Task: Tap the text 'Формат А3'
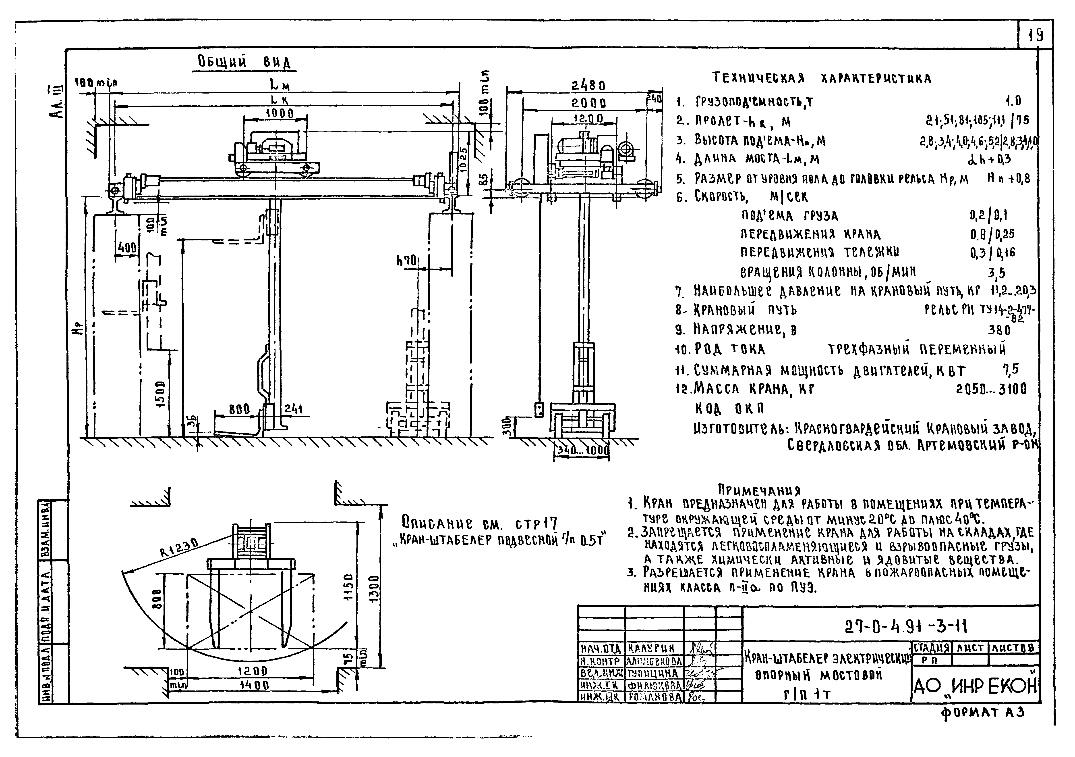tap(982, 713)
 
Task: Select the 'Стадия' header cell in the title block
tap(931, 648)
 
